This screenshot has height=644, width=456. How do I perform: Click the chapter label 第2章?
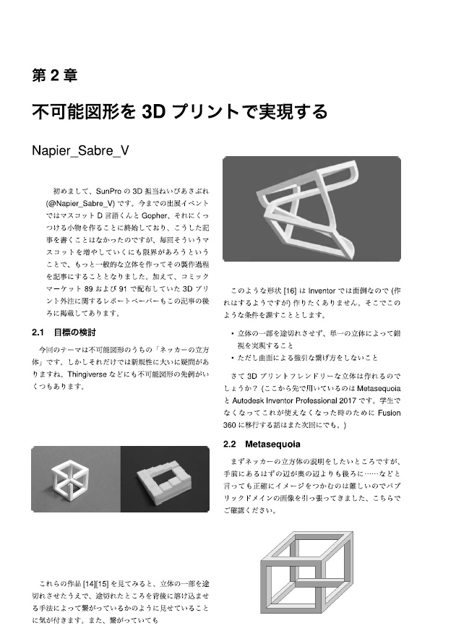[55, 74]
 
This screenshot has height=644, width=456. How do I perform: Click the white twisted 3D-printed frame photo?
[311, 209]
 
